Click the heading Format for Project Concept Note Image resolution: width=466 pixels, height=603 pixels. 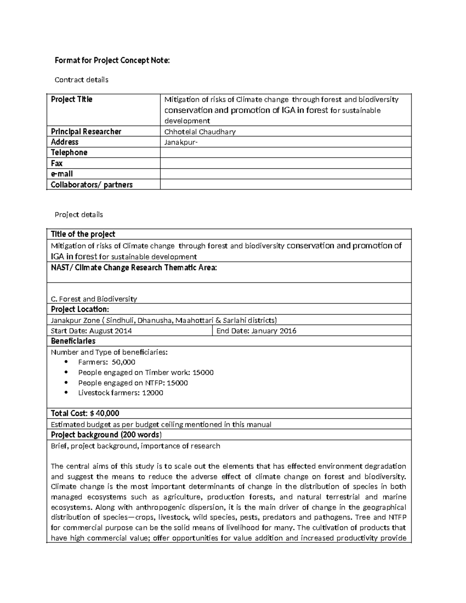point(112,61)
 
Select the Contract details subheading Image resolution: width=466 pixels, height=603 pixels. point(81,80)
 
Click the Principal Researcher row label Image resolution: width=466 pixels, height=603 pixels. point(86,132)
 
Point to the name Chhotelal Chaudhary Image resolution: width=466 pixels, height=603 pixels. point(200,132)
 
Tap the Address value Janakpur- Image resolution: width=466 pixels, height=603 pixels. point(181,142)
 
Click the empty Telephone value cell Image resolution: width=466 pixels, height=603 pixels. point(285,153)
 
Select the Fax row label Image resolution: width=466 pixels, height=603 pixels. point(57,163)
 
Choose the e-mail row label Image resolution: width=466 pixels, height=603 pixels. point(62,174)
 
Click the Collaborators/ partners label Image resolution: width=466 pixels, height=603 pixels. point(92,184)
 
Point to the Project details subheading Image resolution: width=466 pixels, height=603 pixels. point(79,214)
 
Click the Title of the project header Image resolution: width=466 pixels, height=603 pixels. point(83,234)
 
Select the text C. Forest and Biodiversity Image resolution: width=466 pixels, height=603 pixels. point(94,299)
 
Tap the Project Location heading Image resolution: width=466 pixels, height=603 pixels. point(80,309)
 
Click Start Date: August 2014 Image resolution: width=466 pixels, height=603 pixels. point(91,331)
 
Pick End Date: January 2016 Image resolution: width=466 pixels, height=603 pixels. point(256,331)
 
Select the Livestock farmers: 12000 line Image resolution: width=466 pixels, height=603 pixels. point(120,393)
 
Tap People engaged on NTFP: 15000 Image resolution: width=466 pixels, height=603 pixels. point(133,382)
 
